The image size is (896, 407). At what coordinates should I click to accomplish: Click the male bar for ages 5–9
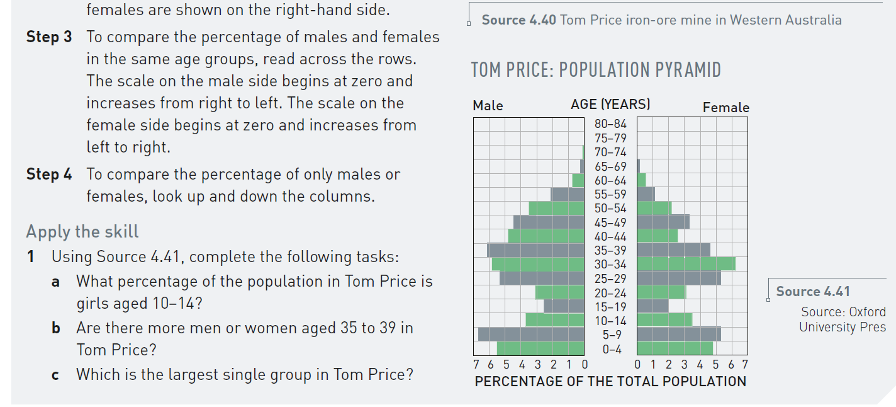(531, 334)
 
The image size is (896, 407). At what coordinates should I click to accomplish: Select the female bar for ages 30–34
(686, 264)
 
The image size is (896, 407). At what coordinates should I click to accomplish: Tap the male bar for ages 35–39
(535, 250)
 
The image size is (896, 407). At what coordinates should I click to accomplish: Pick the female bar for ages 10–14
(664, 320)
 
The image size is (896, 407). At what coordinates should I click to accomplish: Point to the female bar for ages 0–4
(675, 348)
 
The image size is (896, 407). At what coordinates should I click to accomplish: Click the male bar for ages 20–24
(559, 292)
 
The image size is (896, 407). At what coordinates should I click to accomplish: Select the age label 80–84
(610, 125)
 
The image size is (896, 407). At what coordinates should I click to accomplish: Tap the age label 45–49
(610, 222)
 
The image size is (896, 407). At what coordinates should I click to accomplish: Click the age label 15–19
(610, 307)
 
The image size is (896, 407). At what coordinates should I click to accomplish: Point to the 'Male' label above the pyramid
(488, 106)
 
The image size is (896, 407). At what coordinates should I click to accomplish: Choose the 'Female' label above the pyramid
(725, 108)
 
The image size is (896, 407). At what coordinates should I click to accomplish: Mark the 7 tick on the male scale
(476, 365)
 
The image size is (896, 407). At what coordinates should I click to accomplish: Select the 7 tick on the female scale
(745, 365)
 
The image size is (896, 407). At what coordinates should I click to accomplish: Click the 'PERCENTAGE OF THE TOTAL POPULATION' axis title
(610, 381)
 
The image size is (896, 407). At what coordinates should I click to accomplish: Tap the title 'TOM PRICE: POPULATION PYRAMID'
(596, 70)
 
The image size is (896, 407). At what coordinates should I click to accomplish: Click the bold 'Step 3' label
(49, 37)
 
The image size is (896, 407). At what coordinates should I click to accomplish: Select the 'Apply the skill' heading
(82, 232)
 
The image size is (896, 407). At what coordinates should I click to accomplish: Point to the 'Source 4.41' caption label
(812, 292)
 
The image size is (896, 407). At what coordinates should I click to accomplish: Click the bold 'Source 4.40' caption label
(518, 20)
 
